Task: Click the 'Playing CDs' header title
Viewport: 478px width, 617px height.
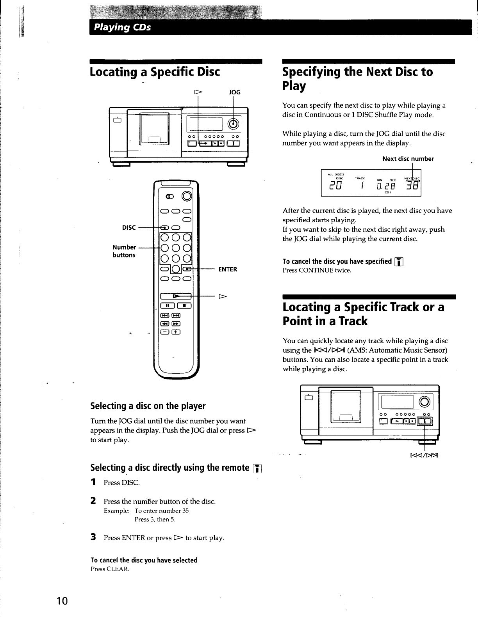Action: (121, 28)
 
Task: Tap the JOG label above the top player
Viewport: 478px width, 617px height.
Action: (234, 92)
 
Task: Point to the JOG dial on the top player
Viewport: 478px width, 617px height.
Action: (233, 124)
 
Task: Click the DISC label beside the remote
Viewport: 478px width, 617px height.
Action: (129, 227)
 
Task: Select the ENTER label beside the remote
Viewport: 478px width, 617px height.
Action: (227, 269)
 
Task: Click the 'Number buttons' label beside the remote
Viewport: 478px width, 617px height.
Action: (124, 251)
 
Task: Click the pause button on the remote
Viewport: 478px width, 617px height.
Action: (167, 305)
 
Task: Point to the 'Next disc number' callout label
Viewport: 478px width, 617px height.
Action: (408, 159)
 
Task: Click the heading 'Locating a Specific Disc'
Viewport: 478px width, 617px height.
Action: (155, 72)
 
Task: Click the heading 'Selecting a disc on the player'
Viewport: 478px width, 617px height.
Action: (148, 406)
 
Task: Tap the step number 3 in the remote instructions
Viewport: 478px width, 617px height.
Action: (93, 537)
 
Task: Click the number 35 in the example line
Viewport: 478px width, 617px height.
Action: (185, 511)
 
